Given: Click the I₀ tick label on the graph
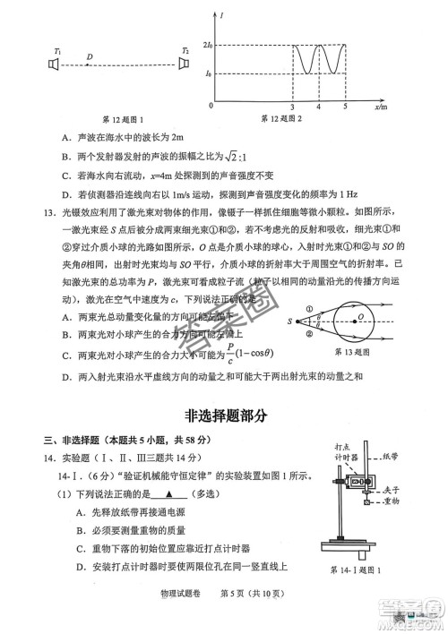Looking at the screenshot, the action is [209, 73].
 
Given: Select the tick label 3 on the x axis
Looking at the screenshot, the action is [293, 108].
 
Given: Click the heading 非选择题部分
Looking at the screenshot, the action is [224, 416].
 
